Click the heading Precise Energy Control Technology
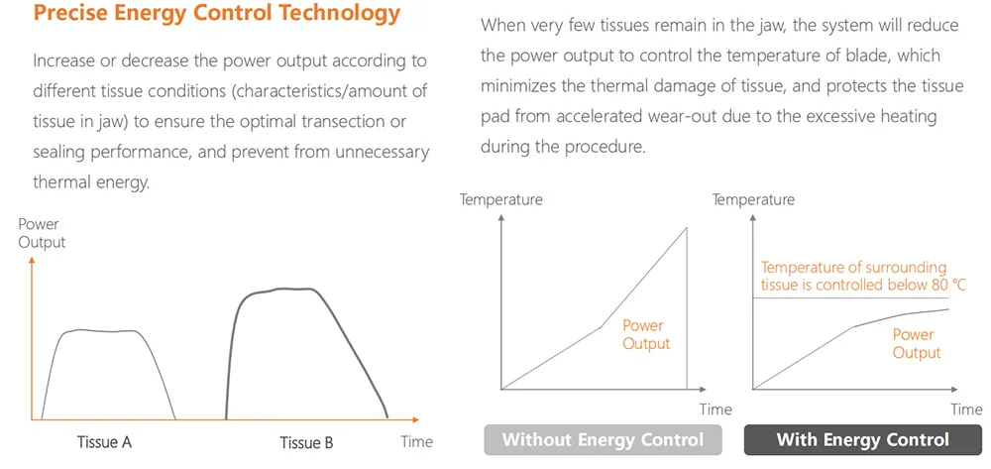coord(217,14)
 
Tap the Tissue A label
coord(104,442)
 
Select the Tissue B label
coord(306,442)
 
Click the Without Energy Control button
coord(603,439)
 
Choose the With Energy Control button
coord(862,439)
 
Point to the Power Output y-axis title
coord(42,233)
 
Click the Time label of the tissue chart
coord(417,441)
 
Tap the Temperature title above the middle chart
coord(501,199)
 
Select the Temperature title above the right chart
coord(753,199)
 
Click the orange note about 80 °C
coord(853,277)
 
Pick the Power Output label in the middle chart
coord(646,334)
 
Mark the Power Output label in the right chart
coord(916,343)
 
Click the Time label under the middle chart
coord(716,409)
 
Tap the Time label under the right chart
coord(966,409)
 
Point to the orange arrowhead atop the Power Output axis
coord(33,260)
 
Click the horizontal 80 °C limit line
coord(852,299)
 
